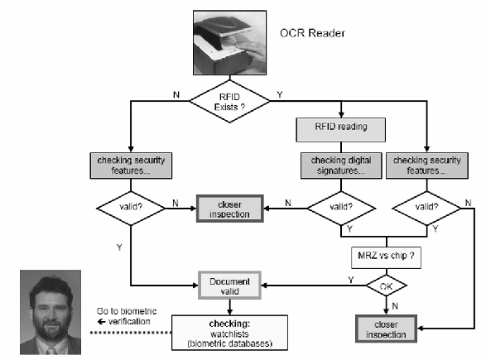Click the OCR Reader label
[x=312, y=33]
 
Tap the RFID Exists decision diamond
[x=229, y=102]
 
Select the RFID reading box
[x=341, y=130]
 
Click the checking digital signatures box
[x=341, y=166]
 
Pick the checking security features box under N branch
[x=131, y=166]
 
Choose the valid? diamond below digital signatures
[x=341, y=208]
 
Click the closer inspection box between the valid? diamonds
[x=230, y=209]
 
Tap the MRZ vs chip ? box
[x=386, y=257]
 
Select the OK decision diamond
[x=386, y=286]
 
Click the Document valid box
[x=229, y=286]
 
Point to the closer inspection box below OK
[x=386, y=329]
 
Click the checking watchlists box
[x=229, y=333]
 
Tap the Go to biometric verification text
[x=127, y=316]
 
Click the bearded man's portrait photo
[x=51, y=312]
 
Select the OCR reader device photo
[x=229, y=43]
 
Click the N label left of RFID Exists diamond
[x=176, y=95]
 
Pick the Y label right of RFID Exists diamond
[x=280, y=95]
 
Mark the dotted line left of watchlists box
[x=131, y=333]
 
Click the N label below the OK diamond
[x=395, y=306]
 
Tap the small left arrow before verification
[x=101, y=322]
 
